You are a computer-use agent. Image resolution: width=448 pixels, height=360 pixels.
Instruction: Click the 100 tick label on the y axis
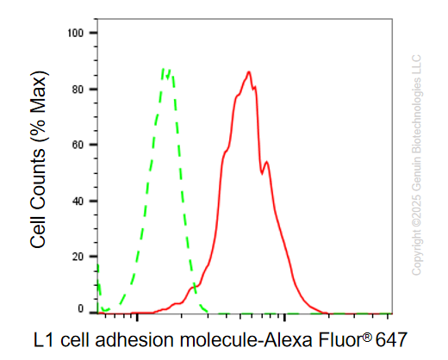click(75, 33)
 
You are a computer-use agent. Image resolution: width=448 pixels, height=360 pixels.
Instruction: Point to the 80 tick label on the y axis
click(78, 90)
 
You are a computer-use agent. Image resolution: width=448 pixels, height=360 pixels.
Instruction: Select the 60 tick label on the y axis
click(78, 145)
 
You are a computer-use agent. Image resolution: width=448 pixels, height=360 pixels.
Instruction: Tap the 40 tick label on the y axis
click(78, 201)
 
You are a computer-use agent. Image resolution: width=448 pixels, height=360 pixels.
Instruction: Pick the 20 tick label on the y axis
click(78, 257)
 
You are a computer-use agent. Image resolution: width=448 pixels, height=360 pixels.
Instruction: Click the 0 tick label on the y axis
click(81, 309)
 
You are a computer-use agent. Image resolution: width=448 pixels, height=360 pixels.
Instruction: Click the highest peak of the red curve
click(249, 71)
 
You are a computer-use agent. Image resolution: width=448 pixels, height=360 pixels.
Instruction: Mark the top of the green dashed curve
click(166, 69)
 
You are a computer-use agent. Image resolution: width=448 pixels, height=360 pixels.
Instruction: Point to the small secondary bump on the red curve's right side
click(267, 163)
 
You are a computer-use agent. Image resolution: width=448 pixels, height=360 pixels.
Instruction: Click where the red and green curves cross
click(195, 286)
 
